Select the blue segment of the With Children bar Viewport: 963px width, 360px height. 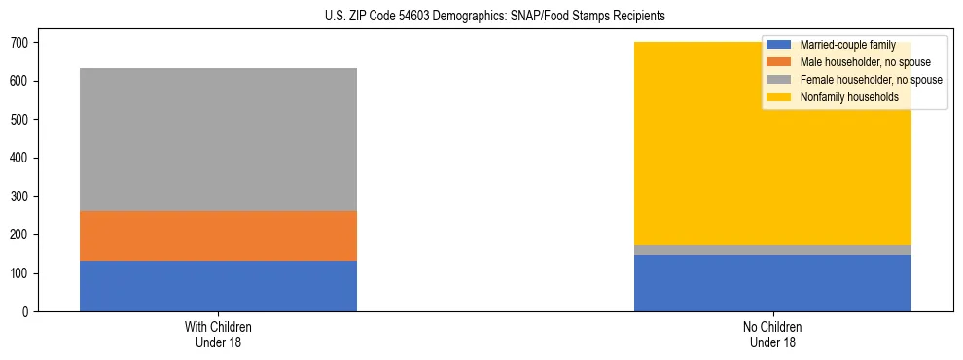(x=218, y=286)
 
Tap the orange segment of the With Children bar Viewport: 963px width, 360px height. (x=218, y=235)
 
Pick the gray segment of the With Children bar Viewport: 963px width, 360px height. (x=218, y=139)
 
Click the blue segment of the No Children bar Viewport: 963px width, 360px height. (x=772, y=283)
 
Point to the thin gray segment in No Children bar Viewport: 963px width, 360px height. (x=772, y=250)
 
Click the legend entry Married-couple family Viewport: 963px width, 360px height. (x=847, y=45)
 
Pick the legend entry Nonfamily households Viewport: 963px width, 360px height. (x=842, y=97)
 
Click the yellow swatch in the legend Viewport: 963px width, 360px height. (x=779, y=97)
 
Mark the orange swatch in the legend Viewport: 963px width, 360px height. (x=779, y=62)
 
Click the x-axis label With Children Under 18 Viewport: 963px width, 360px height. (x=218, y=334)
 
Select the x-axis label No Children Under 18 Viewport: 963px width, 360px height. (x=772, y=334)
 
